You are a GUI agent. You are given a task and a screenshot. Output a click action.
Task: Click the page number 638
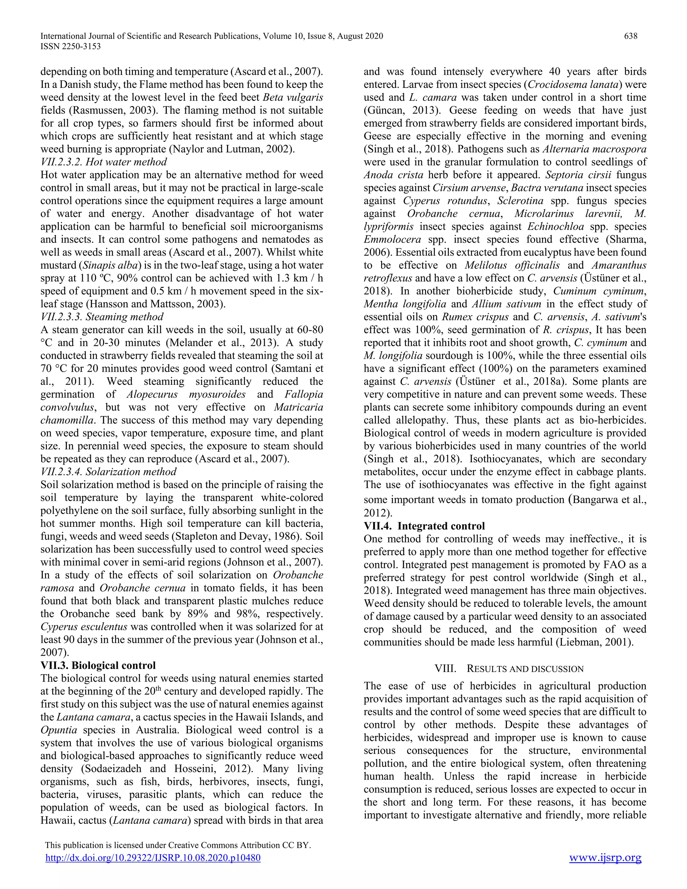click(x=630, y=36)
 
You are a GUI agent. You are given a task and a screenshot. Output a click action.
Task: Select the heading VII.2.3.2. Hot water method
click(x=104, y=162)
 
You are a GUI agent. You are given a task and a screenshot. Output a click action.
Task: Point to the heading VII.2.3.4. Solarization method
click(x=109, y=472)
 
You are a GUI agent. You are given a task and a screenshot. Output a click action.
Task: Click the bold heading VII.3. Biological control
click(x=98, y=666)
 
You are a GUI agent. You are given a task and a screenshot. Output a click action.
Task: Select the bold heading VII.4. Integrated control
click(x=424, y=526)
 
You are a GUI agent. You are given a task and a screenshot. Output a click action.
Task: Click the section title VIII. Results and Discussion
click(x=509, y=669)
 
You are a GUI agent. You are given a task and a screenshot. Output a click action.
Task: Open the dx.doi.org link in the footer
click(x=153, y=858)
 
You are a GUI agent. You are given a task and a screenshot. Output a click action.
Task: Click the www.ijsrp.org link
click(x=605, y=858)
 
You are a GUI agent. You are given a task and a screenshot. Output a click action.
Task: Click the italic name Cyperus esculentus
click(x=84, y=627)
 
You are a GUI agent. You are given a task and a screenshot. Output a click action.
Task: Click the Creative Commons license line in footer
click(x=178, y=845)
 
